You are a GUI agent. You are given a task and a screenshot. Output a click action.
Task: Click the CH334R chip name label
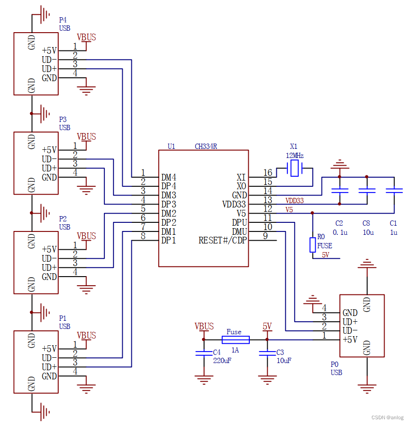206,146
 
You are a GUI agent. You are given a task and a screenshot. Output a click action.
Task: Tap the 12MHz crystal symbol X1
294,169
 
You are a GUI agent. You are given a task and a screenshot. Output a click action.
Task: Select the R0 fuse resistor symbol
313,244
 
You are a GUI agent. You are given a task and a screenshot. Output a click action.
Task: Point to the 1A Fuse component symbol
235,340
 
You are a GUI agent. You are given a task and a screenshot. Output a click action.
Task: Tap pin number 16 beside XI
268,173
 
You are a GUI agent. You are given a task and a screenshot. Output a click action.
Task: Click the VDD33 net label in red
295,201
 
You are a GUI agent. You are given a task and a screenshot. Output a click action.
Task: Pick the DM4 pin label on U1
168,177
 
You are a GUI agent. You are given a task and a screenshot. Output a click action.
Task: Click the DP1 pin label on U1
168,240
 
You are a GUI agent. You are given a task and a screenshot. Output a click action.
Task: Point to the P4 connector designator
63,20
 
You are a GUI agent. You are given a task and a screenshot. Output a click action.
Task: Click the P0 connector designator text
335,364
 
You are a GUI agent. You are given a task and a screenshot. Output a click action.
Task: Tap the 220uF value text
222,360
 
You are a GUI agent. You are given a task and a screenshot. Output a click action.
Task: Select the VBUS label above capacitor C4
204,327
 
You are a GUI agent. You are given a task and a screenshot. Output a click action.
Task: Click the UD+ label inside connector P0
350,322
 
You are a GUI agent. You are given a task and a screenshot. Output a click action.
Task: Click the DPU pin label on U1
239,222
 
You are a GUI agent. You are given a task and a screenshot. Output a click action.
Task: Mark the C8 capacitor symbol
367,191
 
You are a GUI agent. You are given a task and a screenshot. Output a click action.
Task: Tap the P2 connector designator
63,219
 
